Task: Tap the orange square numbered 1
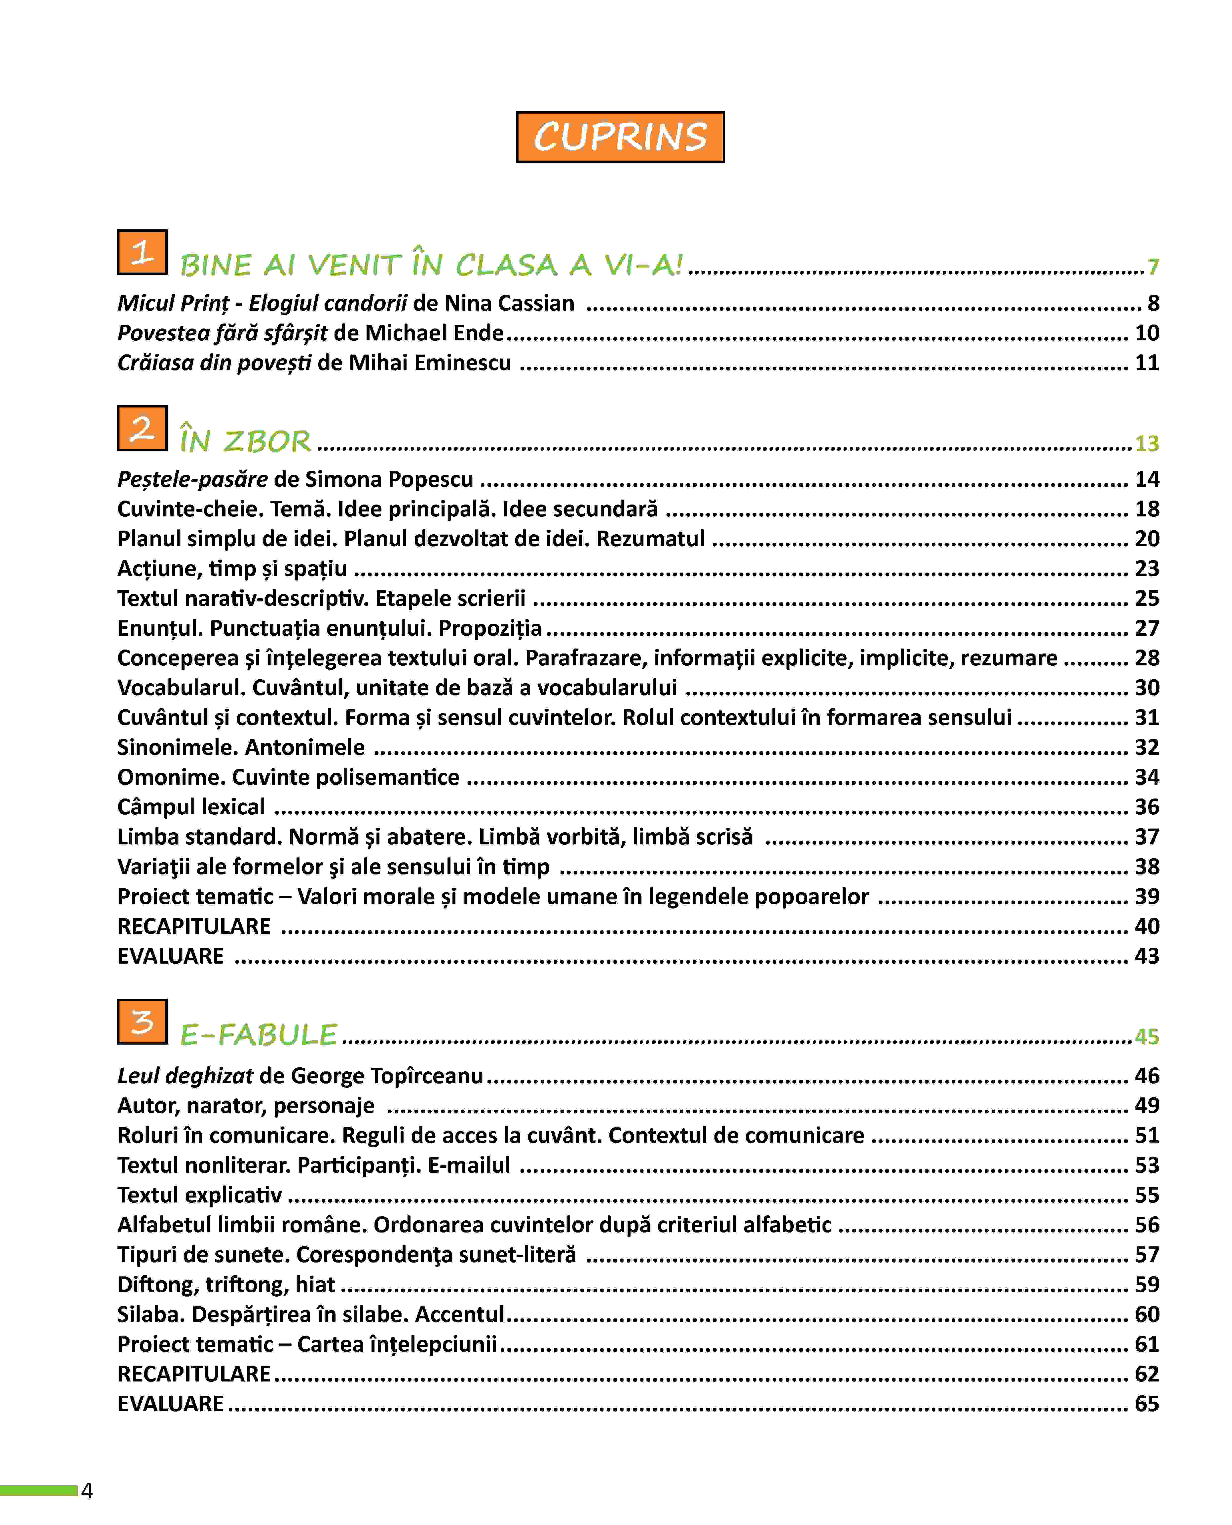142,252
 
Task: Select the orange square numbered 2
142,428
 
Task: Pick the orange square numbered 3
142,1021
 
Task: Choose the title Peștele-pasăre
192,479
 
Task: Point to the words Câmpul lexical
191,807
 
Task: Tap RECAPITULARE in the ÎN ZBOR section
194,926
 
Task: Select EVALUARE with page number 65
170,1404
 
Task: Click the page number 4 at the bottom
87,1490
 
